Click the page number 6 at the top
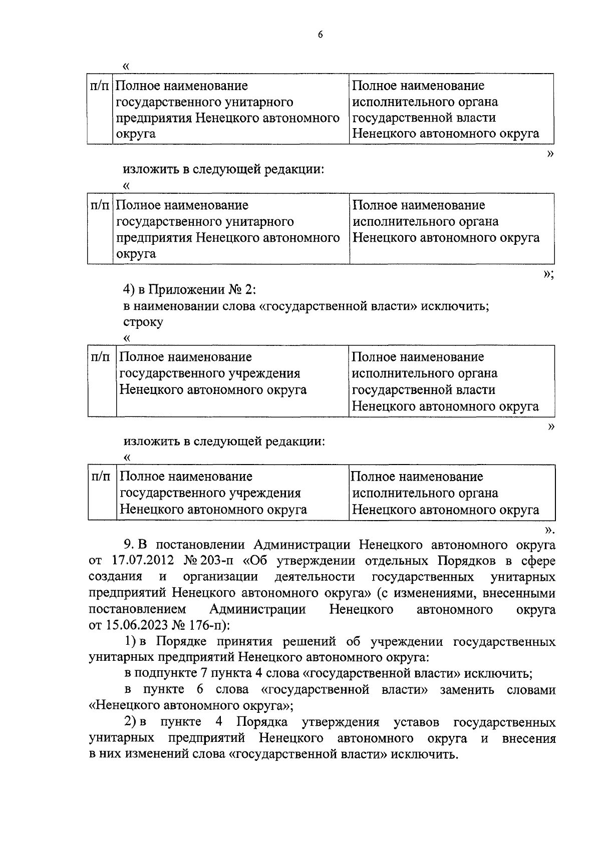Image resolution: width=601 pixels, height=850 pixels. point(320,35)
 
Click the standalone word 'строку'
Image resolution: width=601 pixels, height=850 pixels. point(143,322)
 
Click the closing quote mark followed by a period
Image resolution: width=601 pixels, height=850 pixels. point(549,530)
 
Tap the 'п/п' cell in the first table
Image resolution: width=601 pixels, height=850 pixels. point(99,86)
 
